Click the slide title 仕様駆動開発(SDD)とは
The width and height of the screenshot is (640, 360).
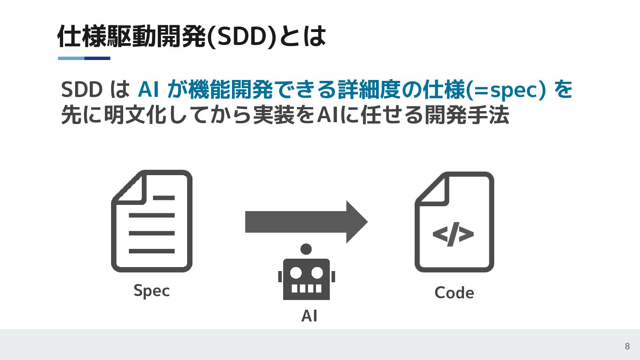coord(192,37)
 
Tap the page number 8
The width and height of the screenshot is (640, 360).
coord(627,347)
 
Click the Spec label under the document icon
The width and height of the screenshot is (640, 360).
coord(152,291)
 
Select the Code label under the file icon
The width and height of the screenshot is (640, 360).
coord(454,292)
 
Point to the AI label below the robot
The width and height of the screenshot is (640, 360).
coord(309,316)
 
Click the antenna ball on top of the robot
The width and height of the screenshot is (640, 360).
coord(306,249)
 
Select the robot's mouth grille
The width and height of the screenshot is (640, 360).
coord(306,288)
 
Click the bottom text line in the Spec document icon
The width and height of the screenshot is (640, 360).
coord(152,251)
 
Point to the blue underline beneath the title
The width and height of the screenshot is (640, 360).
coord(84,58)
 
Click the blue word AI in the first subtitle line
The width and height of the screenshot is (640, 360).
coord(149,90)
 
